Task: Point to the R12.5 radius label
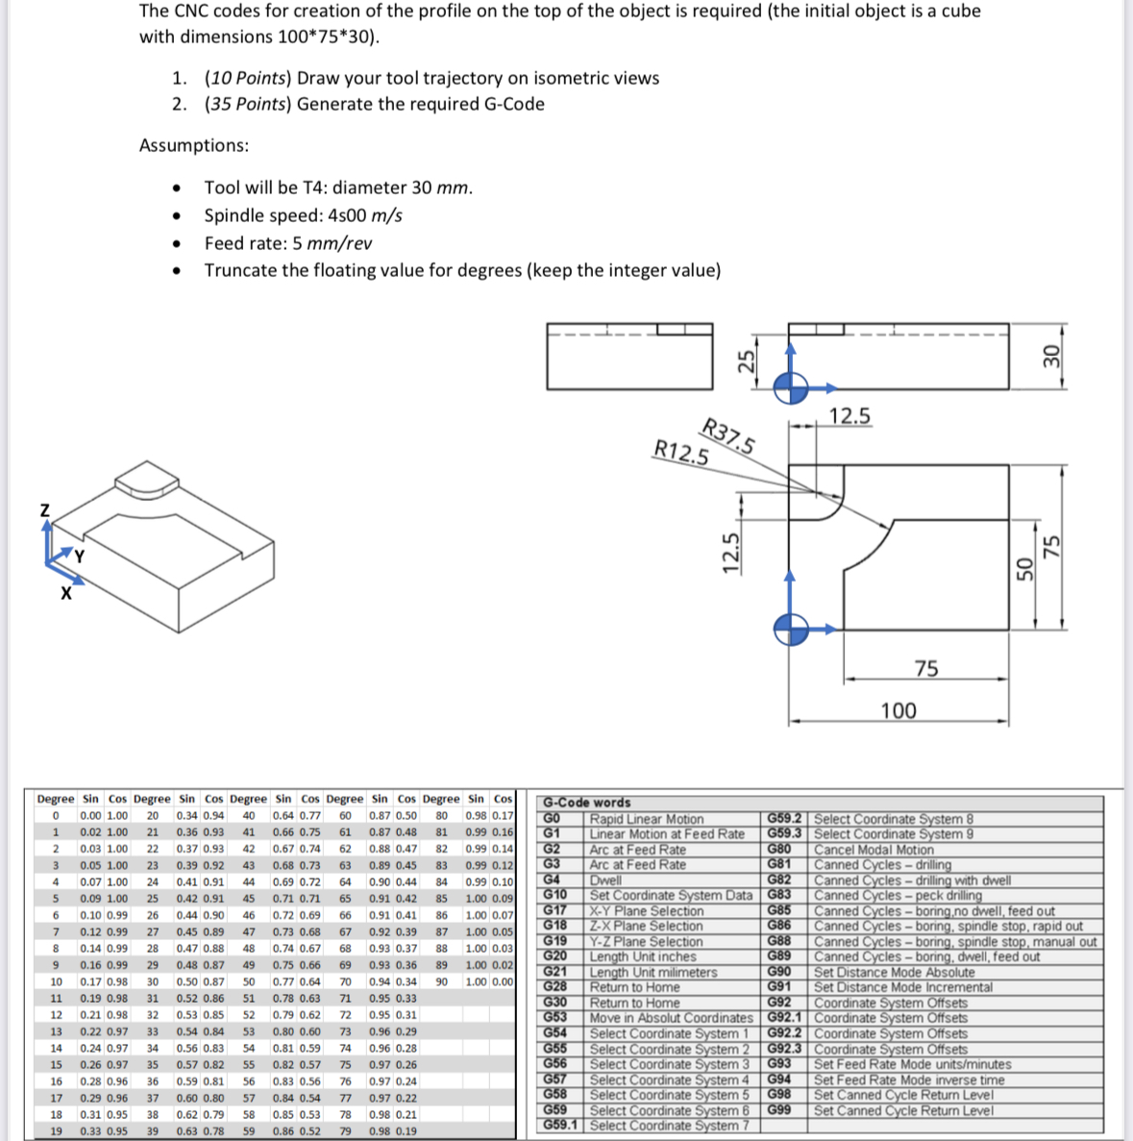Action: point(680,451)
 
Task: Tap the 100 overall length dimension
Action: point(899,710)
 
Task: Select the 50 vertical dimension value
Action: point(1024,570)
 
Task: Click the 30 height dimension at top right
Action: point(1051,357)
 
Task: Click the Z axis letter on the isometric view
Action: point(44,510)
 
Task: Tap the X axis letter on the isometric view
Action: point(66,594)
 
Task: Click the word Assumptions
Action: point(193,145)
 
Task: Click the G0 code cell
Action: point(552,818)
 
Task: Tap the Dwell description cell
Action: point(605,880)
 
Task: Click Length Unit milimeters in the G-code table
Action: point(653,972)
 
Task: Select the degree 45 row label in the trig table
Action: point(248,898)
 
